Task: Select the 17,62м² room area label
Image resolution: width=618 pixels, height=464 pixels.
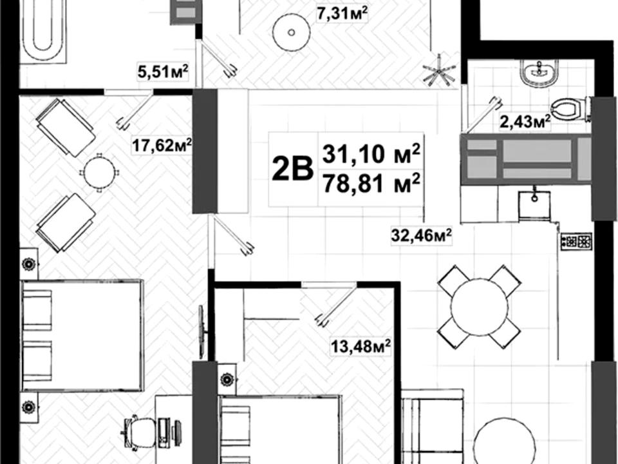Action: [162, 145]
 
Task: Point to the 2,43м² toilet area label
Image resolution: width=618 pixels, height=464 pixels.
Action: [525, 121]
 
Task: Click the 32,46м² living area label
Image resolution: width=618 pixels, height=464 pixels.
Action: [421, 236]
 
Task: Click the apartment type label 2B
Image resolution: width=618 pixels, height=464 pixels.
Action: [292, 169]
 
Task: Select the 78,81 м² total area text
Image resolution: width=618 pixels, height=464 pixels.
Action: [371, 184]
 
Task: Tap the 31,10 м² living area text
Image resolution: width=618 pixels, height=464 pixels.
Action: [371, 153]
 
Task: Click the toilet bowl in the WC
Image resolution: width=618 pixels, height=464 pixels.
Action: [570, 109]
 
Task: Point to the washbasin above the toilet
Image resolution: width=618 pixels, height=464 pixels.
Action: [538, 72]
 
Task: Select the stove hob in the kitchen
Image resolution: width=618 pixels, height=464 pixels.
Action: [576, 240]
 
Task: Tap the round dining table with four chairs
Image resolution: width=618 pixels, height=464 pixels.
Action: [479, 307]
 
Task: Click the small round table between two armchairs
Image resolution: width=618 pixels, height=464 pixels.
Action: [99, 173]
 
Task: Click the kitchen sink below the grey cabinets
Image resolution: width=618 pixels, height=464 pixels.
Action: [534, 204]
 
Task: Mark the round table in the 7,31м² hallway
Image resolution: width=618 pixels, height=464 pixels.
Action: [292, 32]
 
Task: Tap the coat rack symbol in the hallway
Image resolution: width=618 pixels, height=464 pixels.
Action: [439, 71]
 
